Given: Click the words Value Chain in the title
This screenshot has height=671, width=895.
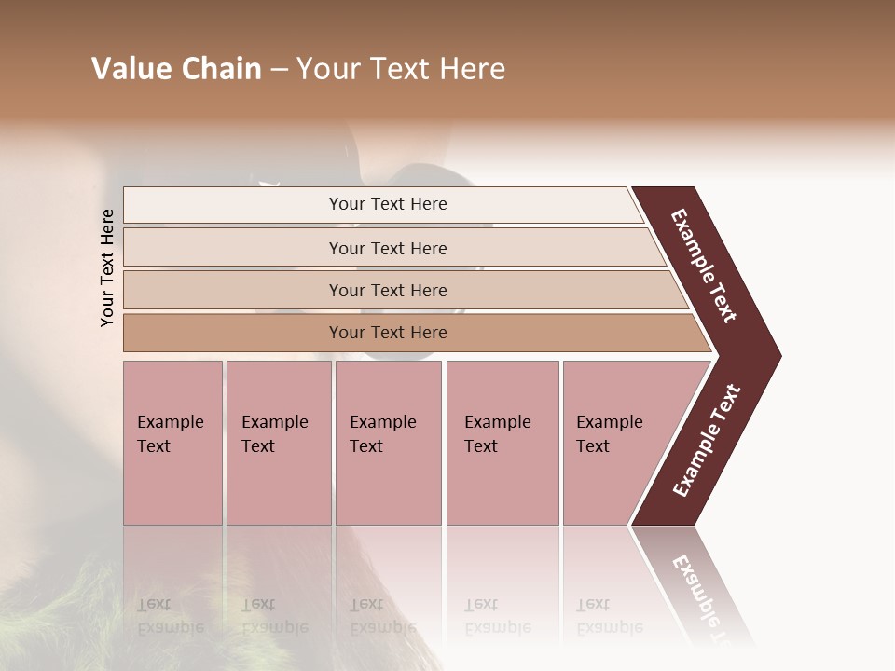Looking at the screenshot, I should [176, 69].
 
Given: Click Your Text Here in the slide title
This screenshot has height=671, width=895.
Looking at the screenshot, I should [401, 69].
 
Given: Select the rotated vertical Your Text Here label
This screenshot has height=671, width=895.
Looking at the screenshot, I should [108, 267].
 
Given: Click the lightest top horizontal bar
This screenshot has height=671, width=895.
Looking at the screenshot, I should [387, 204].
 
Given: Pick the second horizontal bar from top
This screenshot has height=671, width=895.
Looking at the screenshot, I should [387, 248].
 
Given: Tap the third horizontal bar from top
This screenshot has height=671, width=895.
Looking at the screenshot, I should [387, 290].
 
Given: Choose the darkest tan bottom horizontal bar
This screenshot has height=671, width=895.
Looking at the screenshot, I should [387, 333].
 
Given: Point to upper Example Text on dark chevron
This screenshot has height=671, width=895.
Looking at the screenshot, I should [705, 266].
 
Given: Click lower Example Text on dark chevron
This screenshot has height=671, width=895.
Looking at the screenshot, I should [707, 440].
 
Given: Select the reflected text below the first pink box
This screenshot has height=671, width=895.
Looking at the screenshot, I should [170, 616].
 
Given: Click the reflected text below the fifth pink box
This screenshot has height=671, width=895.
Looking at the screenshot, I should [609, 616].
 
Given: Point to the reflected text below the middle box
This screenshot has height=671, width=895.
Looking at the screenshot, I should [382, 616].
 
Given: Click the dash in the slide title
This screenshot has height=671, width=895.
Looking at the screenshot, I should [279, 70].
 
